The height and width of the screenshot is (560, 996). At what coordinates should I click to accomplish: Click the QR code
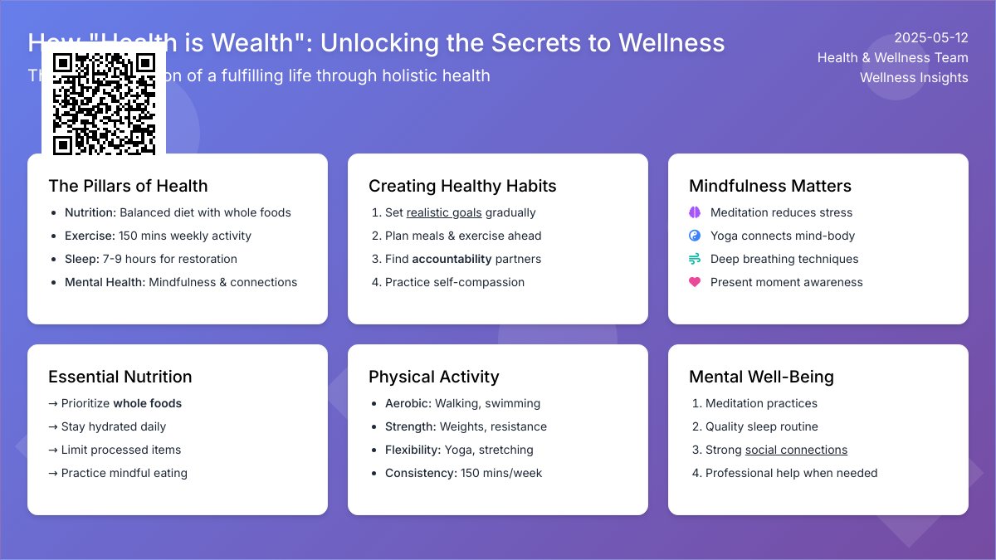click(104, 103)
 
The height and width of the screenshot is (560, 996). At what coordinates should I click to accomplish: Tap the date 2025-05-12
click(930, 37)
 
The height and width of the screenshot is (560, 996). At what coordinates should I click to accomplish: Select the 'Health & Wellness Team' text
click(892, 57)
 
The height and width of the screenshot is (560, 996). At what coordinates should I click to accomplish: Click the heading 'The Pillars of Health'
click(128, 186)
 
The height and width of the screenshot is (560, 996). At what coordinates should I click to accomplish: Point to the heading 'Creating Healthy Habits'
click(462, 186)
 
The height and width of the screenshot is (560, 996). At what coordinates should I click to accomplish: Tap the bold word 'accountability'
click(452, 259)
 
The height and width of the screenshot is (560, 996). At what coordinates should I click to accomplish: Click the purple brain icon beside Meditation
click(695, 212)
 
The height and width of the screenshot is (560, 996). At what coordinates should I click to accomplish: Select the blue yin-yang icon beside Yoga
click(695, 236)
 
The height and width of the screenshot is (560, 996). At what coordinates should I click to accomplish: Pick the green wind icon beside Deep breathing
click(695, 259)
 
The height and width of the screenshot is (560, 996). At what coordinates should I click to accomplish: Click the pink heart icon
click(695, 282)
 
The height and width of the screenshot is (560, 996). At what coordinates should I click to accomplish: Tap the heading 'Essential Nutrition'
click(120, 377)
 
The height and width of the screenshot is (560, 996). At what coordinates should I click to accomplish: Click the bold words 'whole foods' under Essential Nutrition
click(147, 403)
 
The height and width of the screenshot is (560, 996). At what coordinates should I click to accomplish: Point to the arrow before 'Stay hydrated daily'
click(53, 426)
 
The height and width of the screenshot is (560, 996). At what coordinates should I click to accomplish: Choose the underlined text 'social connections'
click(796, 450)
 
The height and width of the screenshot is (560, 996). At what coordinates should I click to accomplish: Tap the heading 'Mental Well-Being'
click(761, 377)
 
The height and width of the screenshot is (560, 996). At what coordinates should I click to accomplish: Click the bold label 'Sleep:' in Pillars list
click(81, 259)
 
